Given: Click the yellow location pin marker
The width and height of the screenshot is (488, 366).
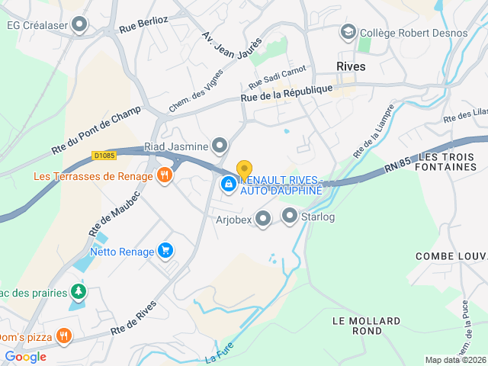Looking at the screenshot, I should pyautogui.click(x=244, y=170).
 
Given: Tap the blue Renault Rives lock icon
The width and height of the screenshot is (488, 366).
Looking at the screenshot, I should pyautogui.click(x=228, y=184).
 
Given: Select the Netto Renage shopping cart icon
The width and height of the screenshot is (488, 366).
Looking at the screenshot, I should pyautogui.click(x=165, y=250).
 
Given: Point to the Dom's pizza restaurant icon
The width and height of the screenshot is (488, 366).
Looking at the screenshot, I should pyautogui.click(x=64, y=334).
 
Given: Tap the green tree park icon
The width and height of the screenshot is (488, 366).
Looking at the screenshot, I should pyautogui.click(x=77, y=292).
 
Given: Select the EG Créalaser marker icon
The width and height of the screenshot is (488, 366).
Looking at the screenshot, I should pyautogui.click(x=79, y=25).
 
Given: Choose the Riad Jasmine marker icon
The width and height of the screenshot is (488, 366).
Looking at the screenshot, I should pyautogui.click(x=220, y=145).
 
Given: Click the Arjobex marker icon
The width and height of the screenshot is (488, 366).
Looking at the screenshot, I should pyautogui.click(x=263, y=220).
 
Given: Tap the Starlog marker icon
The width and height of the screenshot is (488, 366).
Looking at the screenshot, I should pyautogui.click(x=290, y=217).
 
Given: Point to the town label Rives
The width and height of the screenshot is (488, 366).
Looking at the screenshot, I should pyautogui.click(x=351, y=66).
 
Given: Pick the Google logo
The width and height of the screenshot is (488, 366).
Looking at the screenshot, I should pyautogui.click(x=26, y=356).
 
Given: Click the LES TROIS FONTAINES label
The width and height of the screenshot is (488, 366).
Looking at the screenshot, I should pyautogui.click(x=446, y=162).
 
